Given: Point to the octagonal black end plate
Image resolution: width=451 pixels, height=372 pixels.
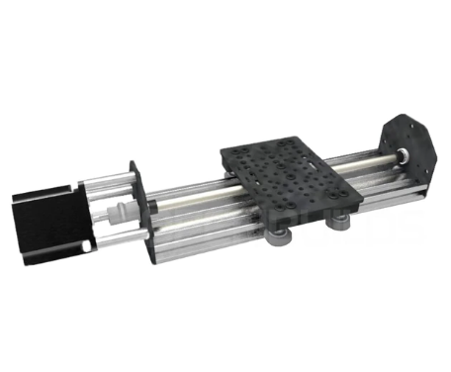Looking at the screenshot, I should [409, 147].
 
